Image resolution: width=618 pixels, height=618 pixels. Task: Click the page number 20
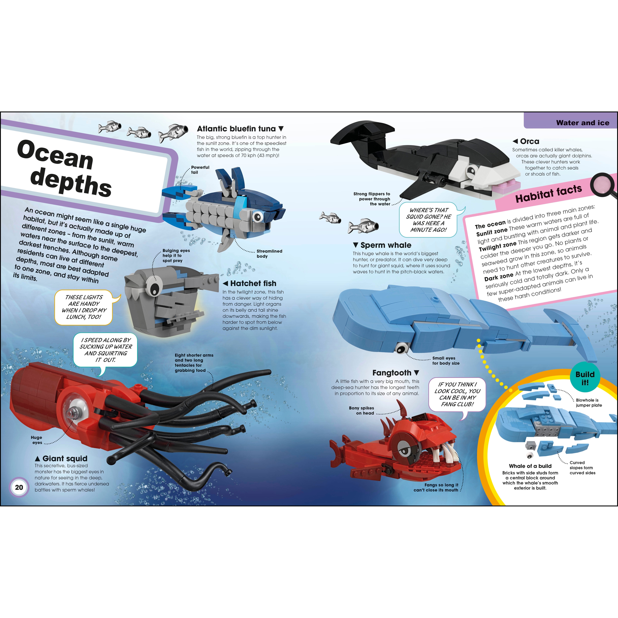pyautogui.click(x=19, y=487)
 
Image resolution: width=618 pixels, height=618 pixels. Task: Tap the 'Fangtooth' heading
pyautogui.click(x=392, y=373)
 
